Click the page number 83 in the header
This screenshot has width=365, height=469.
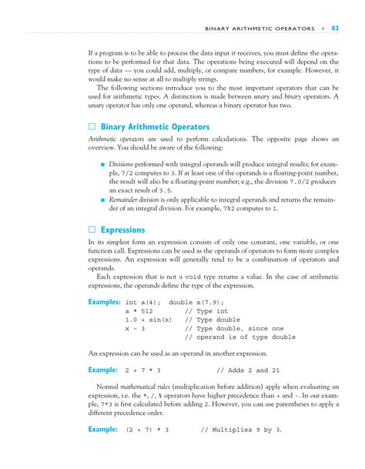point(336,29)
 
